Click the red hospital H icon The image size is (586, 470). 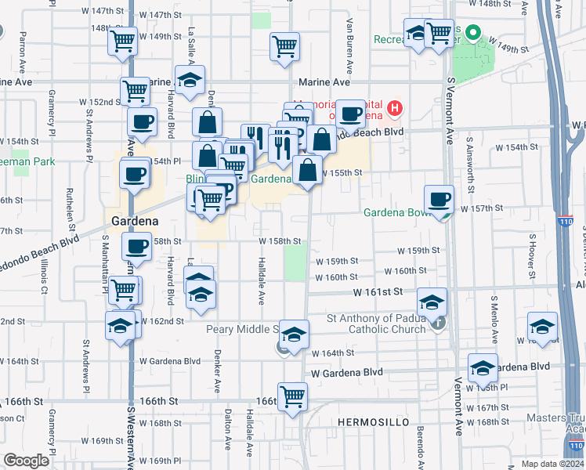point(396,107)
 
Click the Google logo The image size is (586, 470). point(27,460)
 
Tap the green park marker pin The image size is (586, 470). point(472,34)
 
